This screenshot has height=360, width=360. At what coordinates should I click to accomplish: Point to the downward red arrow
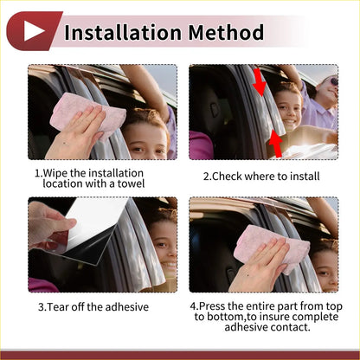259,85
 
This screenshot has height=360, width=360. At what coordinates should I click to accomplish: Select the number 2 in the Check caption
206,176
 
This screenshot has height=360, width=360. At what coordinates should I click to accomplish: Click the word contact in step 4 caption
290,326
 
